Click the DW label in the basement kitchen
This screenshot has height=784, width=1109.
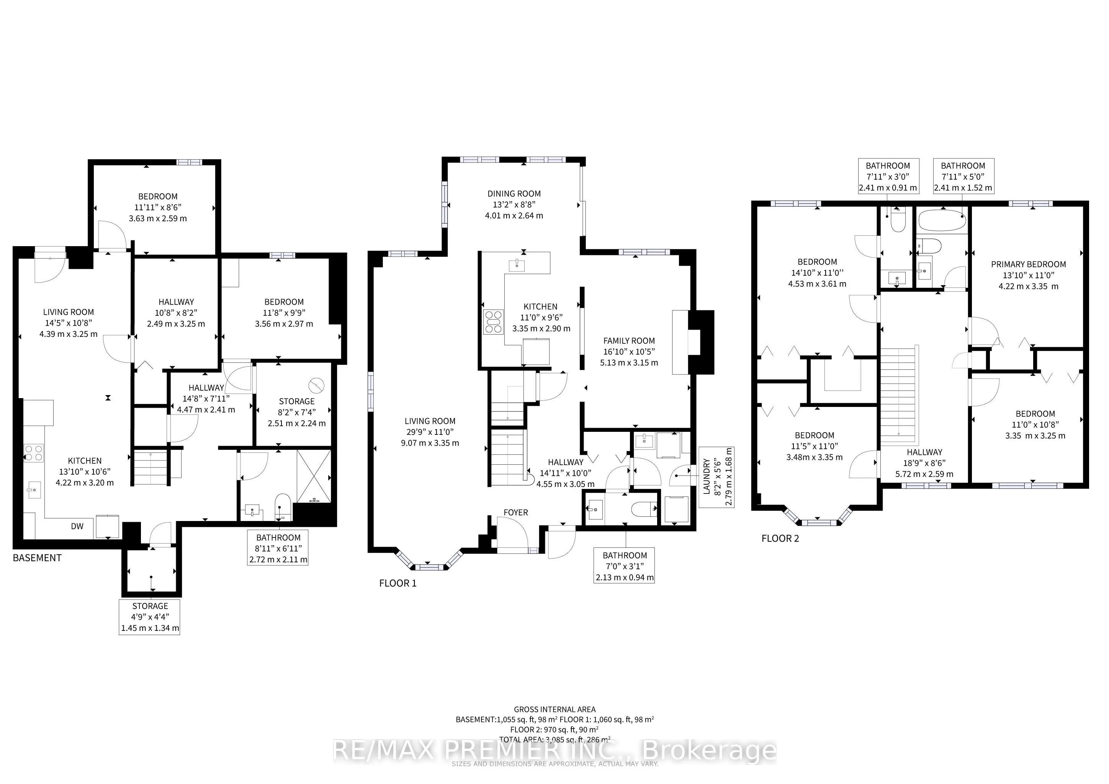tap(77, 526)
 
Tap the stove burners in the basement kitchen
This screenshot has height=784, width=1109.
tap(33, 453)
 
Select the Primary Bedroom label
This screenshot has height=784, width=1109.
tap(1028, 275)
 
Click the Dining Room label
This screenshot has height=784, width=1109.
tap(514, 204)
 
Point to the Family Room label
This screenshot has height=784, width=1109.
tap(629, 351)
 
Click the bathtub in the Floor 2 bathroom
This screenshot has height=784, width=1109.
tap(942, 222)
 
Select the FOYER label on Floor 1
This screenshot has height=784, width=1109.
tap(515, 512)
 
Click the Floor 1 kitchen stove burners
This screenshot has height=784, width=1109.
tap(493, 322)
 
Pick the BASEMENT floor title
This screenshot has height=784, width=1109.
tap(37, 558)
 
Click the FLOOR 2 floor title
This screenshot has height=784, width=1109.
tap(780, 538)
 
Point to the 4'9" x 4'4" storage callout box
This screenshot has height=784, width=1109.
tap(150, 617)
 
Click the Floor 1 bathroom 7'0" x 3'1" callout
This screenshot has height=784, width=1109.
tap(625, 566)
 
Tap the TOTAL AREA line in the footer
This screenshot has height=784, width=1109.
tap(554, 739)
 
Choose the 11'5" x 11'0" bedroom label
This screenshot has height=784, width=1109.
tap(815, 446)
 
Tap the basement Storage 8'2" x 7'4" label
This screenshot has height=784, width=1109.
tap(296, 412)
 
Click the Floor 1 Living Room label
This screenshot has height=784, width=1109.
tap(430, 432)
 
